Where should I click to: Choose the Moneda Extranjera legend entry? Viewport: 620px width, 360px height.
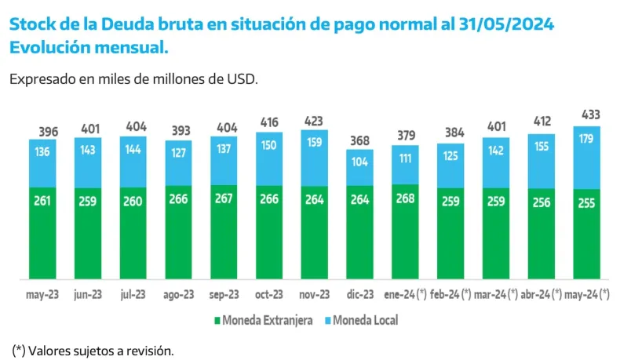262,320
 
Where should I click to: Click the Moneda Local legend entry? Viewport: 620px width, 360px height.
366,320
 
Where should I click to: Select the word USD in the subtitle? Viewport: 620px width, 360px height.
240,79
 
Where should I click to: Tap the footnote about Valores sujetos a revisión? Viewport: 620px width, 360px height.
93,350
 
